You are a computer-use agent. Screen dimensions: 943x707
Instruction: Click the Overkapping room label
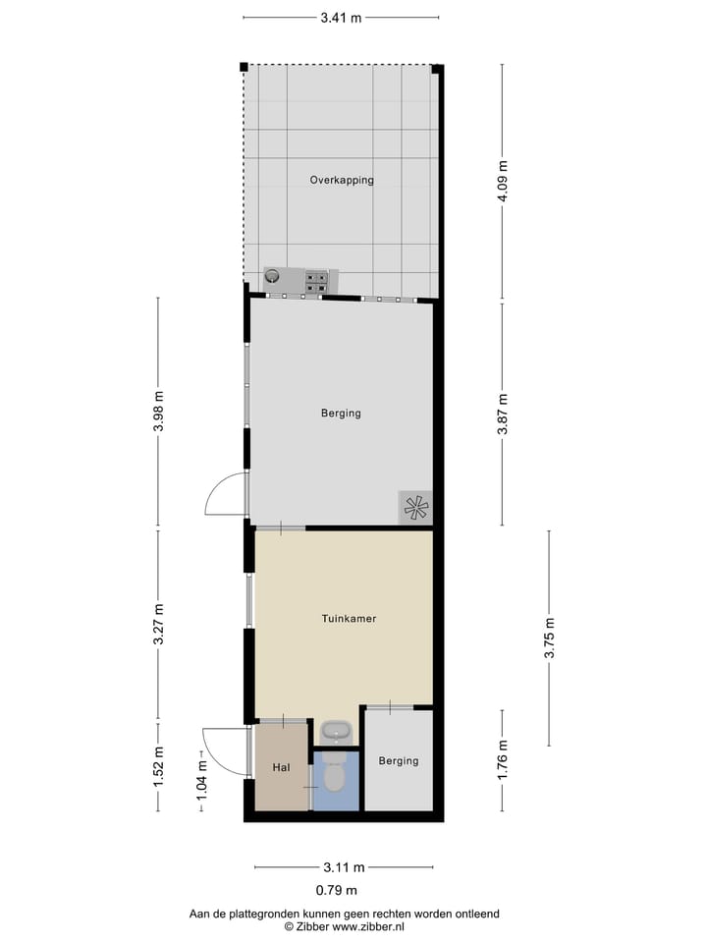point(342,180)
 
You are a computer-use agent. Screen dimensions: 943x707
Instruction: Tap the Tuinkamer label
point(349,619)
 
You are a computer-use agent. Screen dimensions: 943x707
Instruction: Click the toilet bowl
point(333,778)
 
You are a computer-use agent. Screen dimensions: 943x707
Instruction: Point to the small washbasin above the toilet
point(335,733)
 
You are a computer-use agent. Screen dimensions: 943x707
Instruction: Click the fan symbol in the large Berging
point(415,507)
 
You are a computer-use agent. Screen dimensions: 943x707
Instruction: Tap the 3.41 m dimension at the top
point(341,17)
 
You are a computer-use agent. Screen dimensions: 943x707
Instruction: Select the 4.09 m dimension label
point(503,183)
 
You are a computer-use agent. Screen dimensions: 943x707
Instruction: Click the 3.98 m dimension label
point(158,412)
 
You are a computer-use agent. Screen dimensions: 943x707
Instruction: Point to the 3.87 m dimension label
point(503,413)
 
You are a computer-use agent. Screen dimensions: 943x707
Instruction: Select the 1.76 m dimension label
point(503,762)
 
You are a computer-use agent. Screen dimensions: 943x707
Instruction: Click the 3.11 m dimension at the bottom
point(344,867)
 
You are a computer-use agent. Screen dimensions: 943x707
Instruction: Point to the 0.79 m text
point(336,891)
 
